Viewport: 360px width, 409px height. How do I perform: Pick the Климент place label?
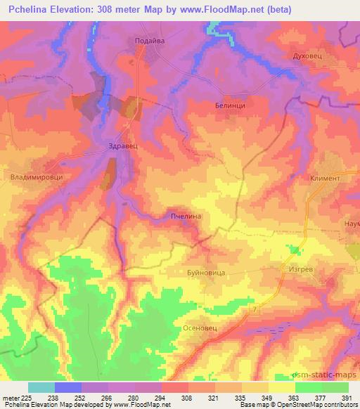tap(324, 178)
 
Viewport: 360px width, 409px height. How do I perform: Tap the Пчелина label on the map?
tap(186, 216)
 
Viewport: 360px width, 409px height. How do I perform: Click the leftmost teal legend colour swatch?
tap(41, 387)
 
